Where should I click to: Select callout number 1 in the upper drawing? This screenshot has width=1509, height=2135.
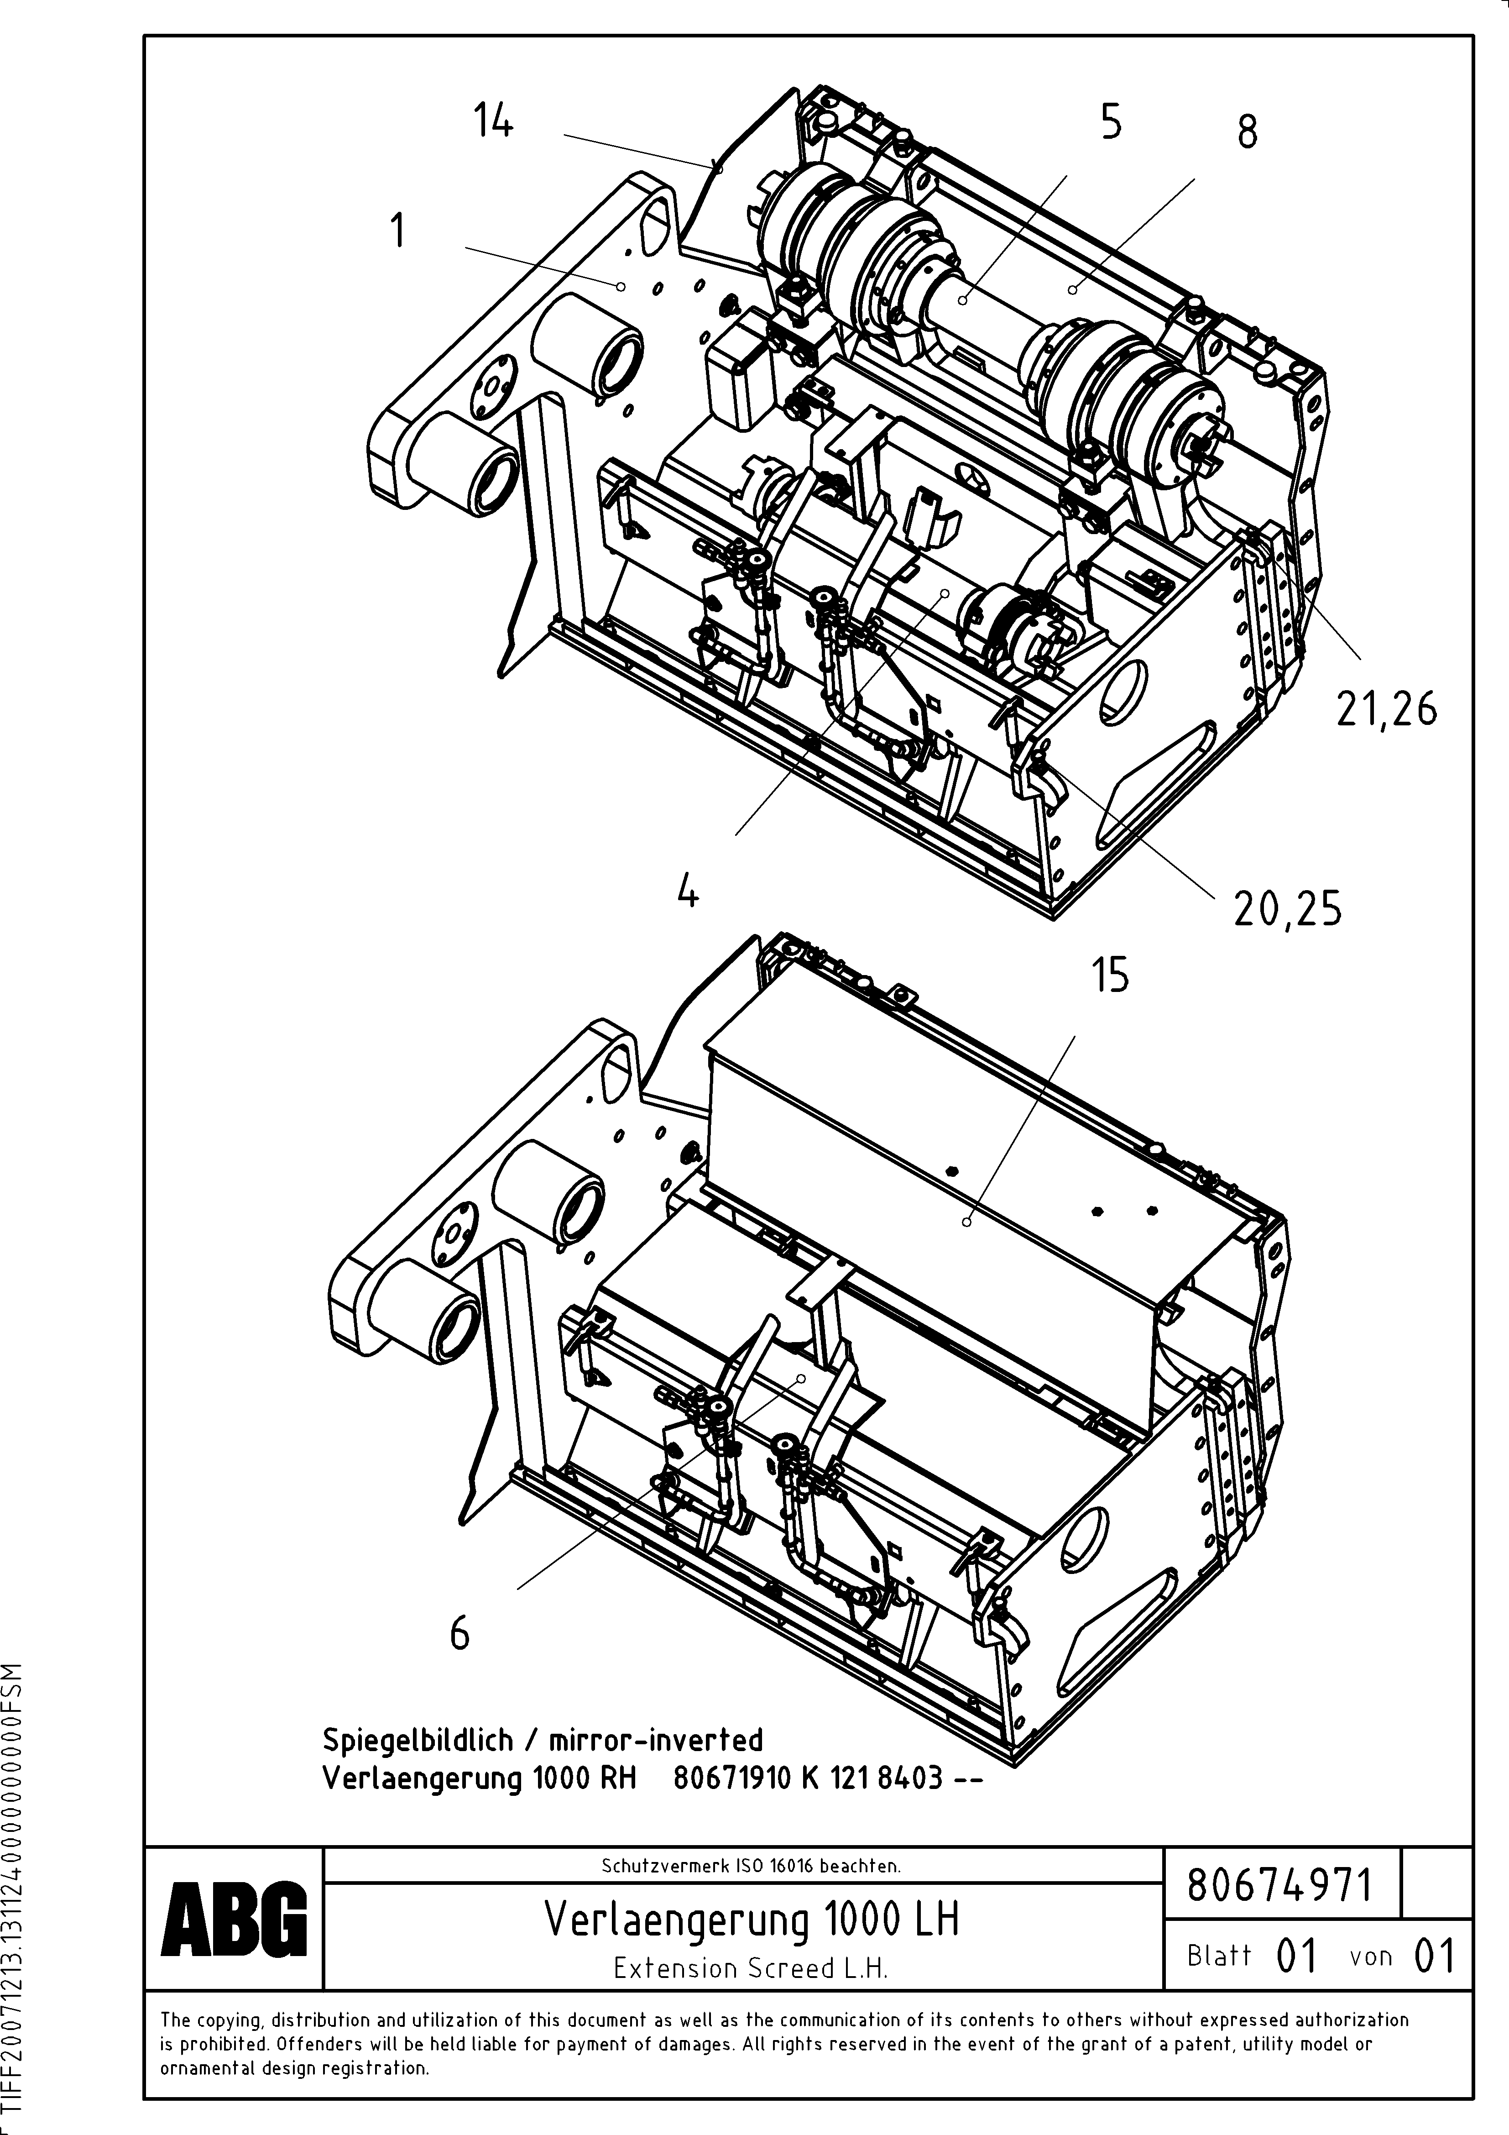tap(398, 231)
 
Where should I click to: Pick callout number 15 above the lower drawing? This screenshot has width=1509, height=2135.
tap(1111, 976)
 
